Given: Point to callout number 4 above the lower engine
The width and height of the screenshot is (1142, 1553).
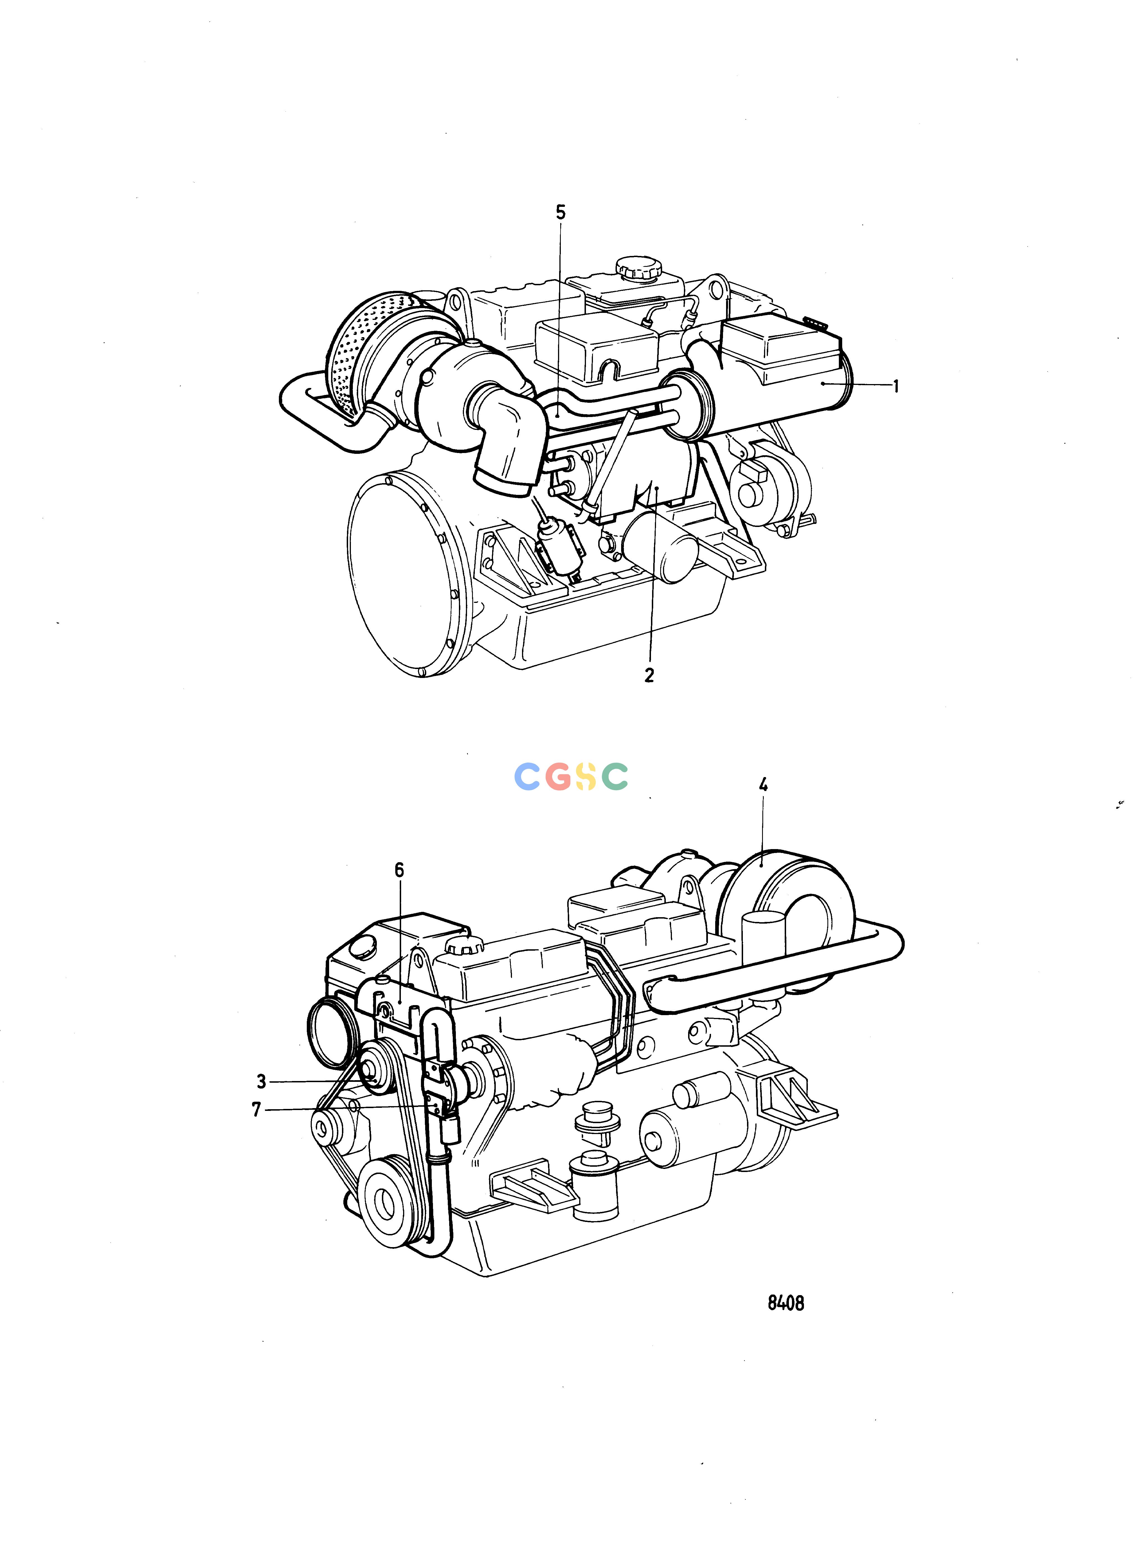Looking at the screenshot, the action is click(763, 784).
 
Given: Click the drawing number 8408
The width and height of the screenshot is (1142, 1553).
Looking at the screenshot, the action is click(786, 1303).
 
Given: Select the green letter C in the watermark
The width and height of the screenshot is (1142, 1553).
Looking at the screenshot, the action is click(615, 777).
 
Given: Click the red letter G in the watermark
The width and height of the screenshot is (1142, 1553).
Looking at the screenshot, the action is click(557, 777).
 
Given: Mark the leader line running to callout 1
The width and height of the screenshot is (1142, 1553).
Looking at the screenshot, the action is click(857, 385).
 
